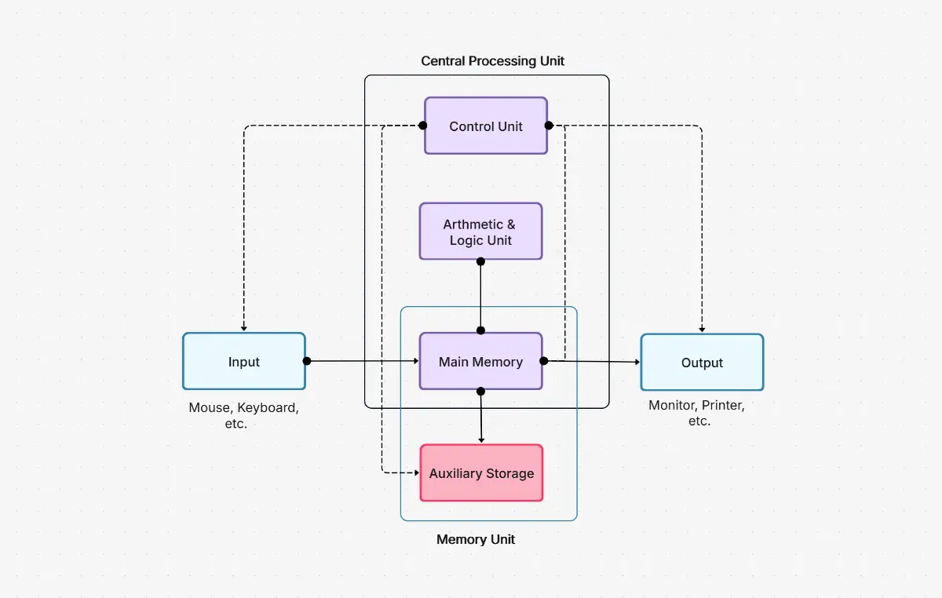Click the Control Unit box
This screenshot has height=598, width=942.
coord(485,126)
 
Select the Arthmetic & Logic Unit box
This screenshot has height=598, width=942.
coord(480,232)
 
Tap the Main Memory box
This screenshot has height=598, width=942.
coord(480,361)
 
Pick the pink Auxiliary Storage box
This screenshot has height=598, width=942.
coord(481,473)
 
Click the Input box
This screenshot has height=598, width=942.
coord(243,361)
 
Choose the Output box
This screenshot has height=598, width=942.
coord(702,362)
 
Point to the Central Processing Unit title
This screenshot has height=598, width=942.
coord(492,61)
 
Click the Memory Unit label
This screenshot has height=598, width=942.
coord(476,540)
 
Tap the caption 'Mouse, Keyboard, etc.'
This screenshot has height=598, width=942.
coord(243,416)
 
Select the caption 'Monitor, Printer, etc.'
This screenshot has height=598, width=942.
coord(696,414)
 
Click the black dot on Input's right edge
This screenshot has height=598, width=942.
coord(307,361)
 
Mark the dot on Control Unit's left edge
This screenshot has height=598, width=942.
coord(422,126)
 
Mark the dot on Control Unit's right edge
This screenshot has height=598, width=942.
coord(549,126)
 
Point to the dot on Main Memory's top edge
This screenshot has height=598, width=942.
coord(480,330)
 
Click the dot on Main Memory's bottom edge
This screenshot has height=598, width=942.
coord(480,391)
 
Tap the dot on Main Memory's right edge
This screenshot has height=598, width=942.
coord(542,361)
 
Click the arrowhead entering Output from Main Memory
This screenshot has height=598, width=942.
coord(637,362)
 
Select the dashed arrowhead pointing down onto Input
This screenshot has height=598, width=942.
coord(243,328)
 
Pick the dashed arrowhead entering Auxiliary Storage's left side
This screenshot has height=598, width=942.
coord(416,473)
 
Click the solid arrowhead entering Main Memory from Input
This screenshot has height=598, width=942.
coord(415,361)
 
